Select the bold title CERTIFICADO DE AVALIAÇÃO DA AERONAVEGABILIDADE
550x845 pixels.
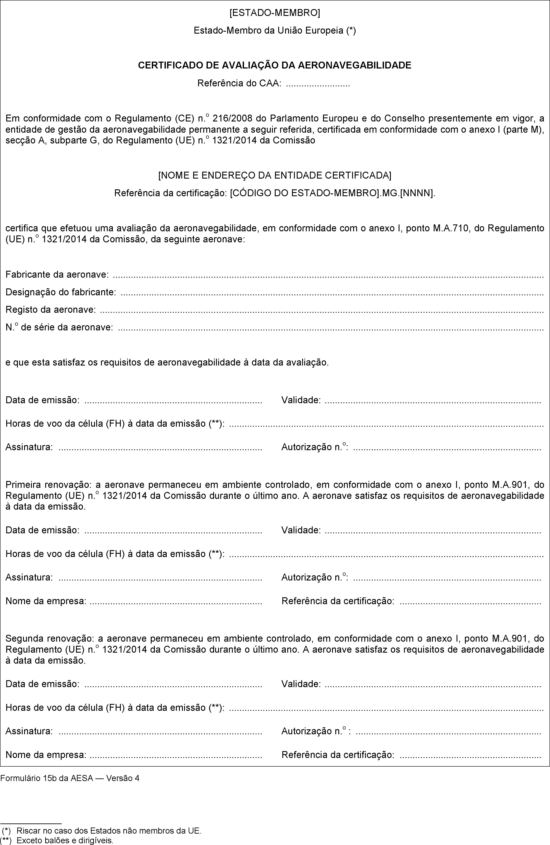coord(275,65)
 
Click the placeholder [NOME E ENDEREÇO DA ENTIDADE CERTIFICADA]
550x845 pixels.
coord(275,175)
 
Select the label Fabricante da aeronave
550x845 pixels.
coord(57,274)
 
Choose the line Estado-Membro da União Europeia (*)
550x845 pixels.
coord(275,31)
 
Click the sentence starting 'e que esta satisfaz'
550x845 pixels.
coord(167,363)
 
